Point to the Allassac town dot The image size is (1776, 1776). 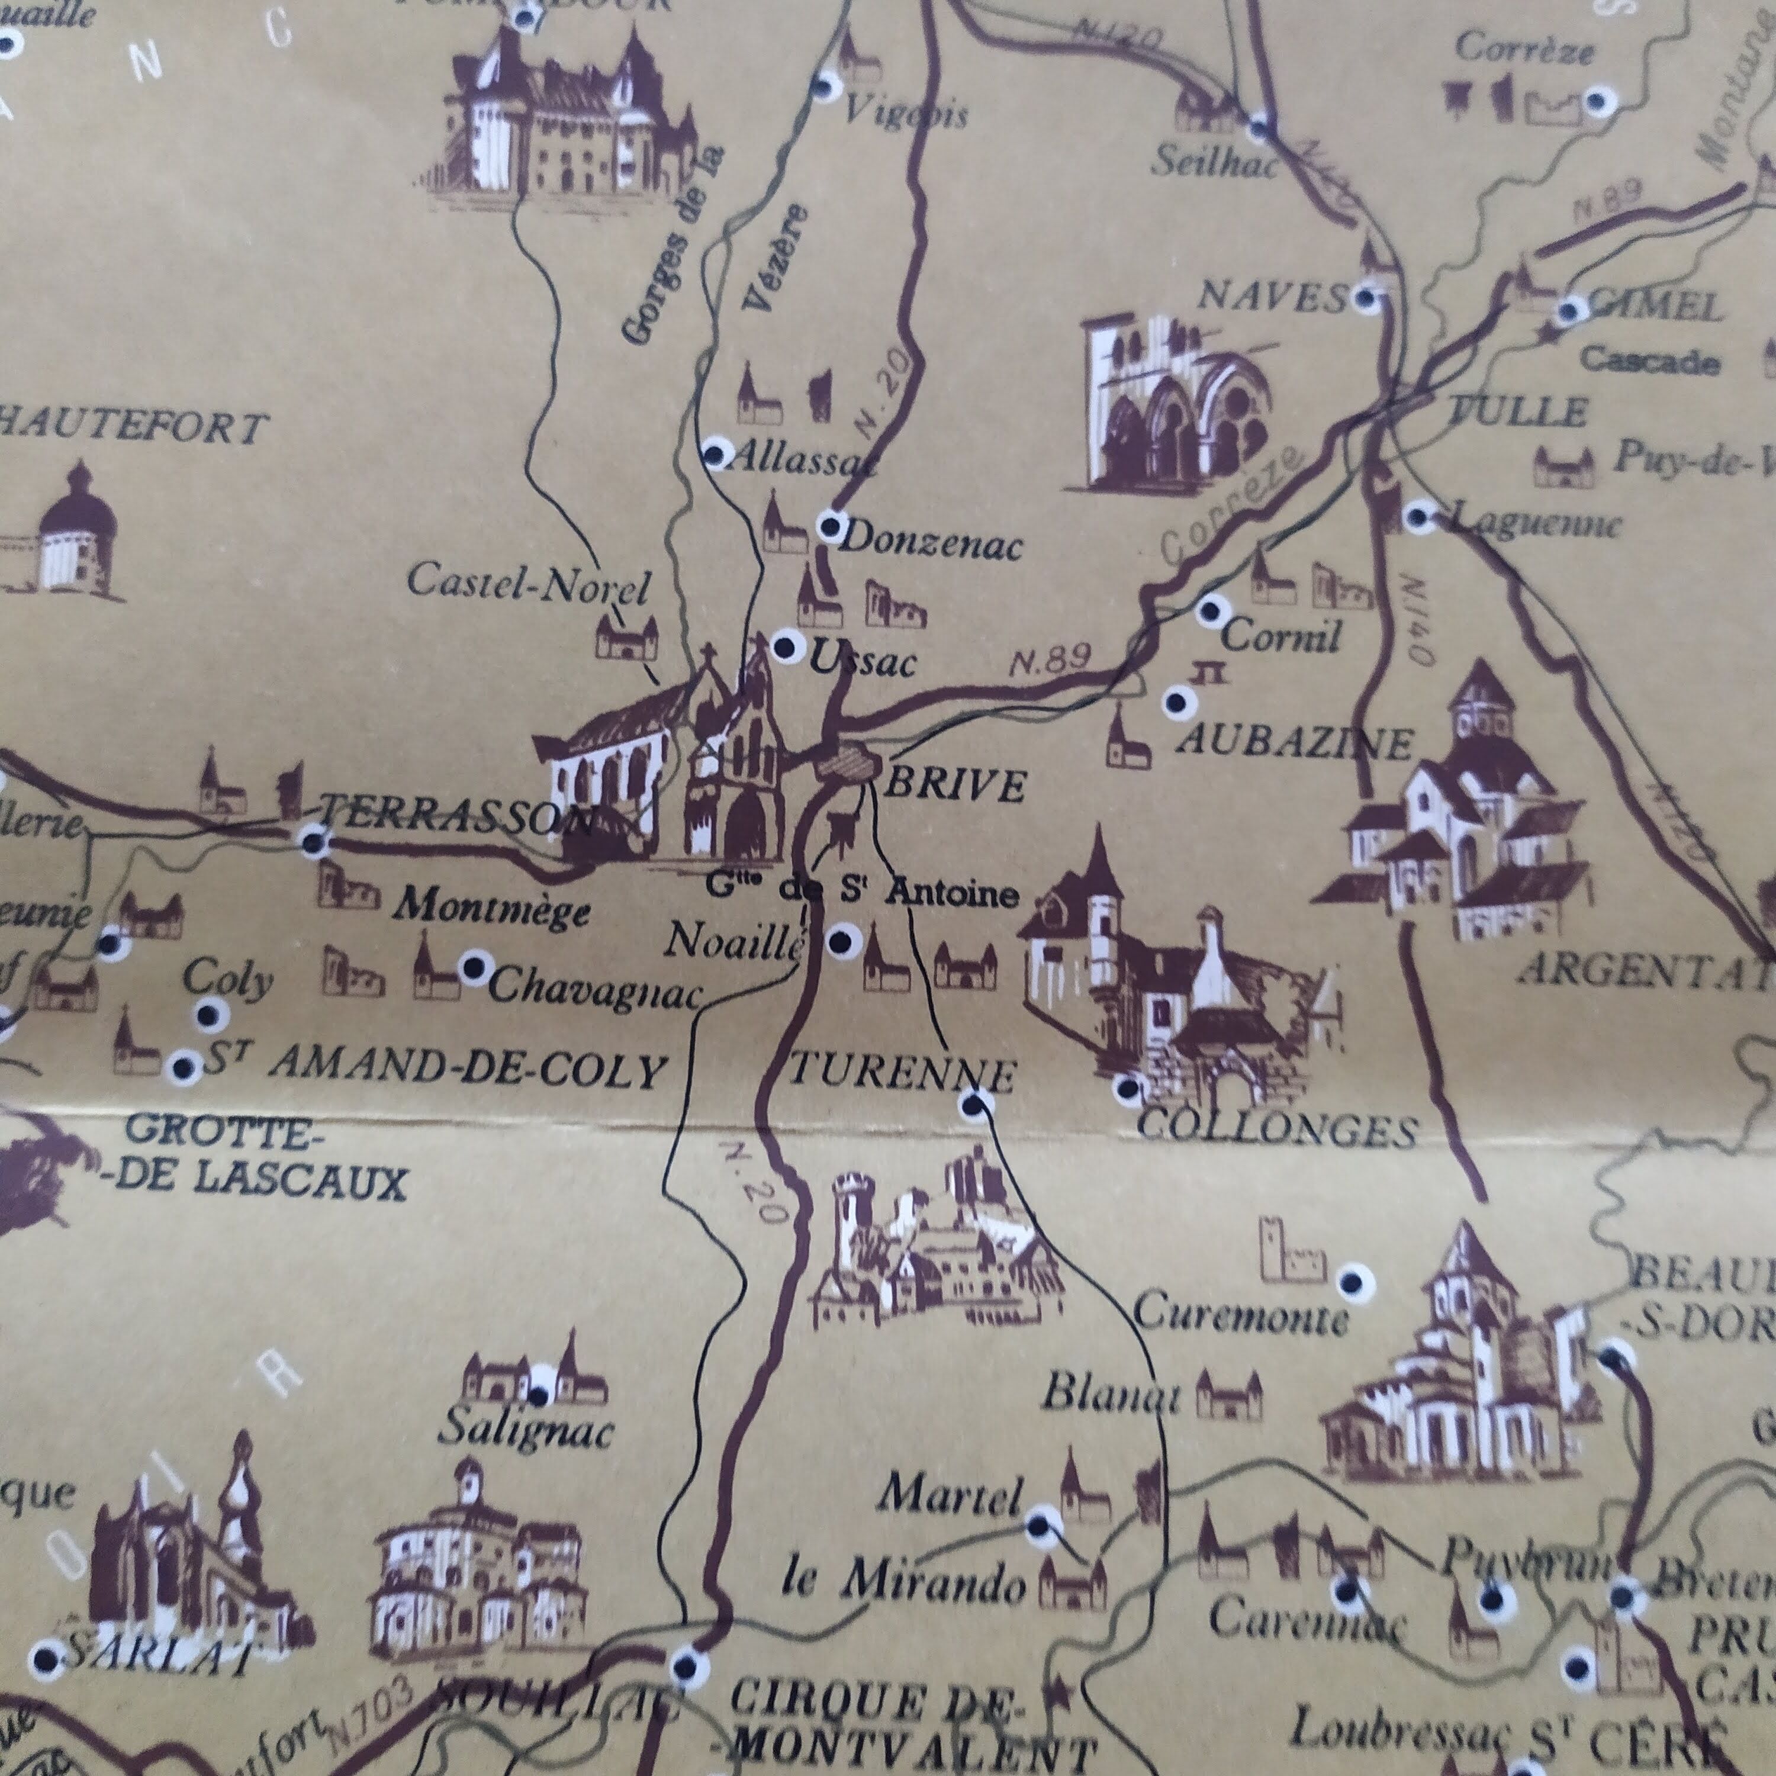[x=715, y=453]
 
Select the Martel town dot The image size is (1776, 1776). [x=1039, y=1526]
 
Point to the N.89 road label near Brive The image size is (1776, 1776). [x=1050, y=659]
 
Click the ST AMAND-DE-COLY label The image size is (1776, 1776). [x=432, y=1069]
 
